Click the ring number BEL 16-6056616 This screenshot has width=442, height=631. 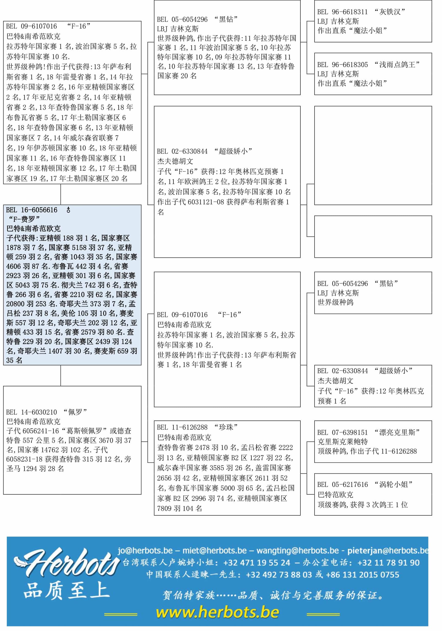[x=32, y=210]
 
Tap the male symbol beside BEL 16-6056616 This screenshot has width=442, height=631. [x=68, y=210]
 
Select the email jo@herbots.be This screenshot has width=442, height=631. [x=145, y=550]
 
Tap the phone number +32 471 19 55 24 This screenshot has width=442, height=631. [x=257, y=563]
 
